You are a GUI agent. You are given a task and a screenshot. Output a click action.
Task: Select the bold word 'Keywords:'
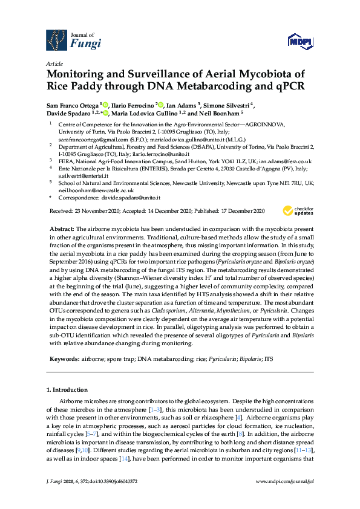click(64, 359)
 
